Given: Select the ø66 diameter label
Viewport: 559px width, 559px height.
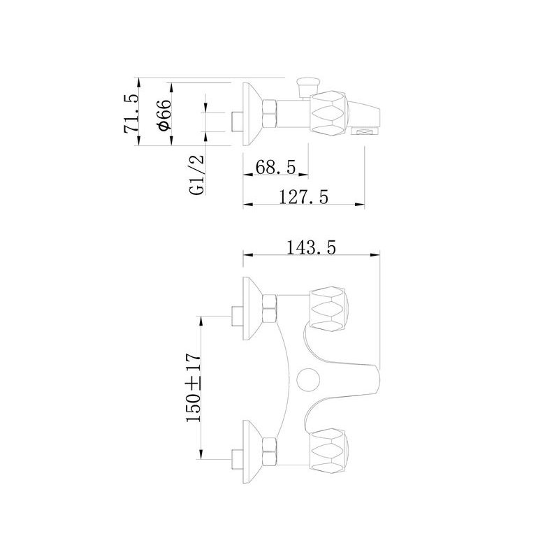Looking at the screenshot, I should [x=164, y=115].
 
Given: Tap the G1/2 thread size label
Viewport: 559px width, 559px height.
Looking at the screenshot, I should [x=198, y=174].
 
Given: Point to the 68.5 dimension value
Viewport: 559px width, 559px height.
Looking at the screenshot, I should [x=276, y=168].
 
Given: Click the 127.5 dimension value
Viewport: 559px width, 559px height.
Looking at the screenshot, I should [x=304, y=198].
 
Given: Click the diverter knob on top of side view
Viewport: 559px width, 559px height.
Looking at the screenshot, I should [x=305, y=86].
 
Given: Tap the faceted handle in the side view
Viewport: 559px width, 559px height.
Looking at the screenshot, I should [x=328, y=112].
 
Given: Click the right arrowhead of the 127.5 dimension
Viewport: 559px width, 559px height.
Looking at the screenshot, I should [x=361, y=205].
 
